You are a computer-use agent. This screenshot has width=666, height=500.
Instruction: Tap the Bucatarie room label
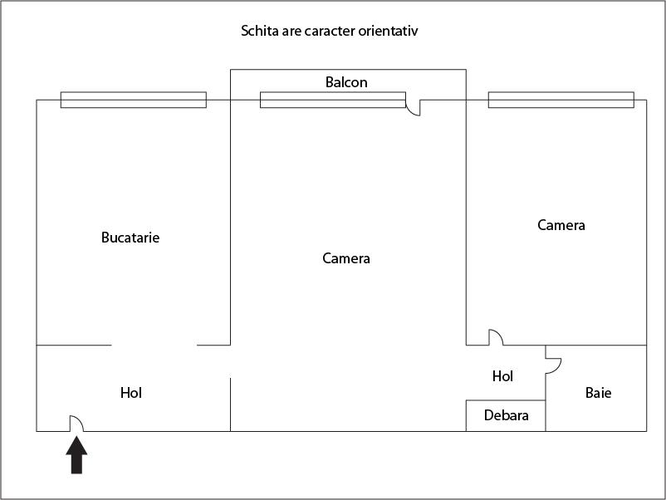tap(130, 238)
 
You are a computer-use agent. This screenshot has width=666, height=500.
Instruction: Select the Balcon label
tap(346, 82)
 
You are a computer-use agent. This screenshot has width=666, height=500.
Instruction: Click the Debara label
tap(506, 415)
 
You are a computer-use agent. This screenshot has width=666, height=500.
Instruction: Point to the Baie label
tap(598, 393)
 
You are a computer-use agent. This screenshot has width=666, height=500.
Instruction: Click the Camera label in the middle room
tap(346, 258)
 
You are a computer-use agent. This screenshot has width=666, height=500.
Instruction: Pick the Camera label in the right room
tap(561, 225)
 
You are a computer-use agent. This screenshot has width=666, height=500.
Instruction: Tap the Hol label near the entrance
tap(131, 393)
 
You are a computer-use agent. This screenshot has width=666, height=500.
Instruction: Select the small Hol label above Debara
tap(502, 376)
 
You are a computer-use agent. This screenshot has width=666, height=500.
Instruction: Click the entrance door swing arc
tap(76, 423)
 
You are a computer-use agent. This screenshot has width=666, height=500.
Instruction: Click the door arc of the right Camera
tap(496, 336)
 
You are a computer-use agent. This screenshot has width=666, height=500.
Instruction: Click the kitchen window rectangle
tap(133, 100)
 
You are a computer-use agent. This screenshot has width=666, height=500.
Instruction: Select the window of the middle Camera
tap(332, 100)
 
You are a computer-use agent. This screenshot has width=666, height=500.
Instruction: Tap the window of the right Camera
tap(561, 100)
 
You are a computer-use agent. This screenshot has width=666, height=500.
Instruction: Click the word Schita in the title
tap(257, 32)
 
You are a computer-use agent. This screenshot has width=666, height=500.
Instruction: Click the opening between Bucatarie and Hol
tap(154, 345)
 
